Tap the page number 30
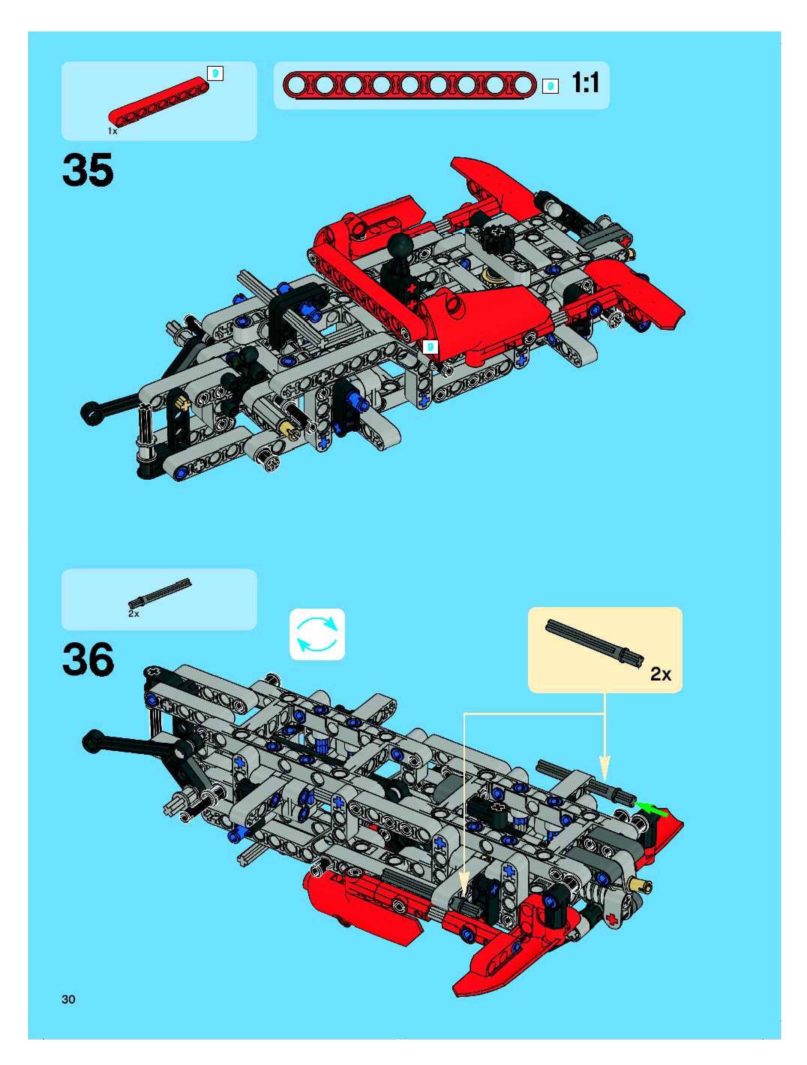[68, 999]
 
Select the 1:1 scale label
[586, 83]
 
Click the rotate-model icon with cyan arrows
[317, 634]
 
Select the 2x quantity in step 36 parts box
[133, 614]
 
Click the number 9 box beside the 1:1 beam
[550, 86]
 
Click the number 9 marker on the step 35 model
[430, 346]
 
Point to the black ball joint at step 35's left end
[90, 411]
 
